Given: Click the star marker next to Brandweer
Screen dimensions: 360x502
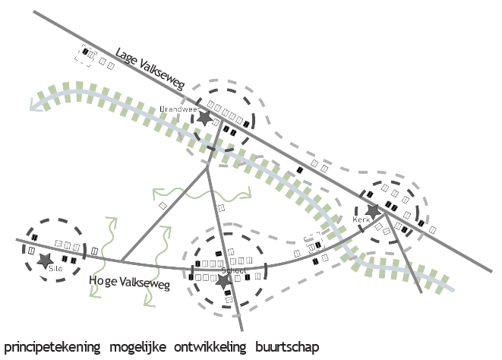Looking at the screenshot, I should pos(204,118).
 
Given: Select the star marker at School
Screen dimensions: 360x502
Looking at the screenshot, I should pos(223,281).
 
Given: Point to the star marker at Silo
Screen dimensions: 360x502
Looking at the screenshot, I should pos(43,261).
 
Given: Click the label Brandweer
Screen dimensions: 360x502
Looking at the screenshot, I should pos(175,109).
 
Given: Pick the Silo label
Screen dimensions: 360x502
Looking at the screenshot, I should pos(55,268).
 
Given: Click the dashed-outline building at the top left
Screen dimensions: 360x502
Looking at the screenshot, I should pos(82,54).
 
